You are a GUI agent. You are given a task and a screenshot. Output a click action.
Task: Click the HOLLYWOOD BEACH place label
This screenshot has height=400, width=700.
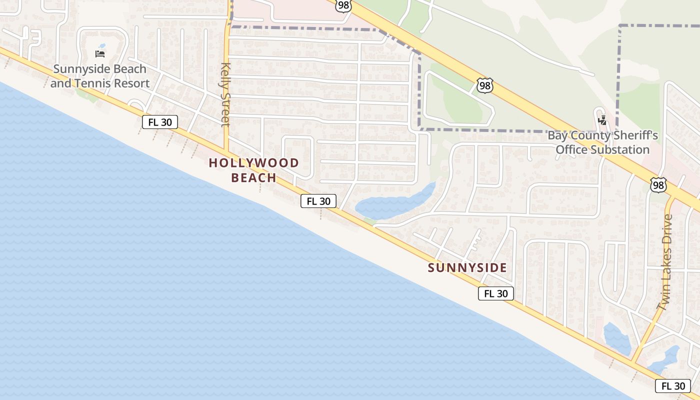coord(253,170)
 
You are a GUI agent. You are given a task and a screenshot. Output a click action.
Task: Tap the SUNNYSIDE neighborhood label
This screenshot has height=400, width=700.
coord(467,268)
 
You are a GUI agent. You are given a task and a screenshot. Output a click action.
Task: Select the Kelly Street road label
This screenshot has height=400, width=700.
coord(225,94)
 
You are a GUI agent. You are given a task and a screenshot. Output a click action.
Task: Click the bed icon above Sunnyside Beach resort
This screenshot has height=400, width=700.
coord(100,53)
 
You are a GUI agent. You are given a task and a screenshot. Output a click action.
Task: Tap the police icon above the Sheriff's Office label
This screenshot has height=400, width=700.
coord(602,120)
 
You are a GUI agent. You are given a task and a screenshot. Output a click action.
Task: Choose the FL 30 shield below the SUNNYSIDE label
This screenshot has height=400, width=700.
coord(495,293)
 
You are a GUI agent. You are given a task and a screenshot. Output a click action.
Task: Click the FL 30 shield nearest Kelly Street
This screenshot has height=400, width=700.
coord(160,122)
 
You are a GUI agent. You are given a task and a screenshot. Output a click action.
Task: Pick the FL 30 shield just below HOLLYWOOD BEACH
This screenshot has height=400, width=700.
coord(318,201)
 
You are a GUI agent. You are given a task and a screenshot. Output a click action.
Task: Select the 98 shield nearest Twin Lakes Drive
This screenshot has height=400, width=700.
coord(658,185)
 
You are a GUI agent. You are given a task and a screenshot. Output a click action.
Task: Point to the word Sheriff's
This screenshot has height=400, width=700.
coord(635,135)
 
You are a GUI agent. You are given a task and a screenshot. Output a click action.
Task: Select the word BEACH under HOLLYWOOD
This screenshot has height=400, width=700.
coord(253,178)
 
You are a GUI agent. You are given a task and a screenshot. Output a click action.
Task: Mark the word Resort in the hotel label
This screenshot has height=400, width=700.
coord(132,83)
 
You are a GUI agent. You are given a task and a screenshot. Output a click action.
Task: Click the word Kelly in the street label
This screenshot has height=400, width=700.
coord(225,74)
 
